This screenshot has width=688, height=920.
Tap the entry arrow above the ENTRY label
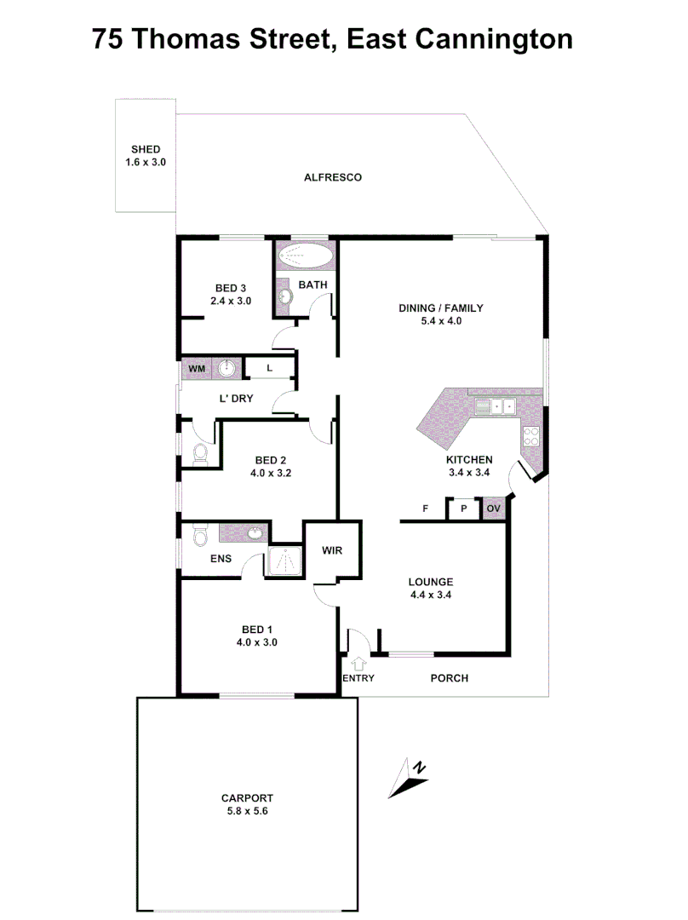point(358,662)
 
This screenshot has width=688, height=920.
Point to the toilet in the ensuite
point(201,536)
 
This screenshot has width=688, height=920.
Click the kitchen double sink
point(497,406)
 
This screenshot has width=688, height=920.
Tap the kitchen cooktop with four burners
point(532,435)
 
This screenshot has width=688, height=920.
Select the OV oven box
point(494,509)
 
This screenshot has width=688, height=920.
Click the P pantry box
point(464,509)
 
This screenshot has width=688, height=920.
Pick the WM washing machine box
point(196,369)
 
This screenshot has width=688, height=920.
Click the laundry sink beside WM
point(227,369)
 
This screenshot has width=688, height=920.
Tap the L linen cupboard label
point(269,369)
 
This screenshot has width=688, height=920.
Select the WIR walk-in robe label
point(332,550)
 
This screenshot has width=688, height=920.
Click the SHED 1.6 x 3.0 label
point(146,155)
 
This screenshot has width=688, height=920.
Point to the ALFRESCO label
point(333,177)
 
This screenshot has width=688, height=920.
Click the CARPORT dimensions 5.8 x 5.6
point(247,811)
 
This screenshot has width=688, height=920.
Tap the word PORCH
point(449,678)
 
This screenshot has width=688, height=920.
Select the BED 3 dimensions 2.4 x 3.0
point(231,301)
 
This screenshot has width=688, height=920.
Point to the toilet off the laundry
point(201,453)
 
